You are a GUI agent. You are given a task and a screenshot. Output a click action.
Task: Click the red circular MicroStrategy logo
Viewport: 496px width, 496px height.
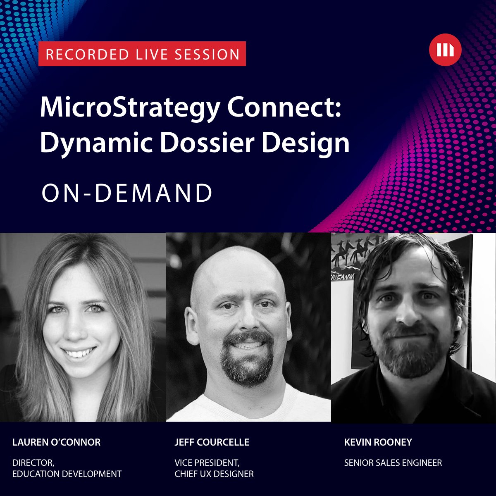445,50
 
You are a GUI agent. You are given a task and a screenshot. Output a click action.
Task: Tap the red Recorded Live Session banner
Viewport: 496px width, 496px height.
142,54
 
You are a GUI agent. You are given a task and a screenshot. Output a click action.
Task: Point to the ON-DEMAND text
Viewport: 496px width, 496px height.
127,193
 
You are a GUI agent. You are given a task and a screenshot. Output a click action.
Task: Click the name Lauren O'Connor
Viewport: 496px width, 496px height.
56,442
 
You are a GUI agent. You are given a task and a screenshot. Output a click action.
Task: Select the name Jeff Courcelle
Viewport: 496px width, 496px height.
212,442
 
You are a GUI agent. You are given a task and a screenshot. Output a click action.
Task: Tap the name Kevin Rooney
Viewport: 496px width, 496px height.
378,442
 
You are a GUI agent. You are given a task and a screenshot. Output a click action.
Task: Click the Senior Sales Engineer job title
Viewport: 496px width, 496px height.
393,463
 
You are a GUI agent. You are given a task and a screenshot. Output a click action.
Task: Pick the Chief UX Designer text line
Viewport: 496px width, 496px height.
214,474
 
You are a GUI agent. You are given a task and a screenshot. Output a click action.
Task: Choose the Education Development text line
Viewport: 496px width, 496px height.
67,474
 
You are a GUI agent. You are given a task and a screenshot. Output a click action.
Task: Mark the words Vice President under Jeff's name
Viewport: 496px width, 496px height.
207,463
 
